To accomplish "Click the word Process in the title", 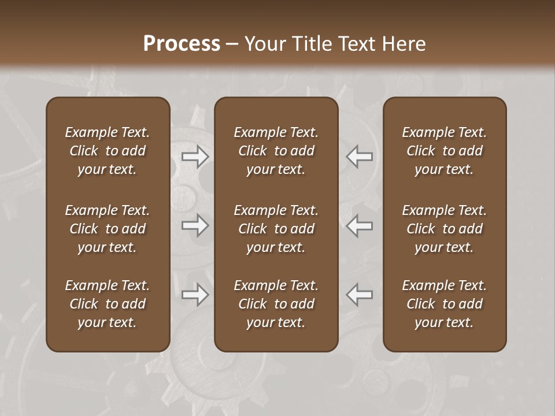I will click(x=182, y=43).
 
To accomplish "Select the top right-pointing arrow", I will click(x=195, y=157).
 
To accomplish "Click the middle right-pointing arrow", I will click(x=195, y=225).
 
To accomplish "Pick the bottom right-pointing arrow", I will click(x=195, y=295).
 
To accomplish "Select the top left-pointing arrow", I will click(x=360, y=157).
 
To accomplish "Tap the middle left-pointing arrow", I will click(x=360, y=225).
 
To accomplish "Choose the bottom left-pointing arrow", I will click(x=360, y=295).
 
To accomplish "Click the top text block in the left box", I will click(x=108, y=151).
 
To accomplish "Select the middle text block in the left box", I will click(x=108, y=229).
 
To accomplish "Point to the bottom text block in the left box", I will click(x=108, y=304).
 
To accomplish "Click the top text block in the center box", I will click(x=276, y=151).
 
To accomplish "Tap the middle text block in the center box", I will click(x=276, y=229).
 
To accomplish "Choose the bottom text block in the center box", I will click(x=276, y=304).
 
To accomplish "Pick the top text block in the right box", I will click(x=445, y=151).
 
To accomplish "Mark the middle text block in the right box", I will click(x=445, y=229).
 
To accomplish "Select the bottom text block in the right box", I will click(x=445, y=304).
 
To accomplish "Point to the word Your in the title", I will click(x=265, y=43).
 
